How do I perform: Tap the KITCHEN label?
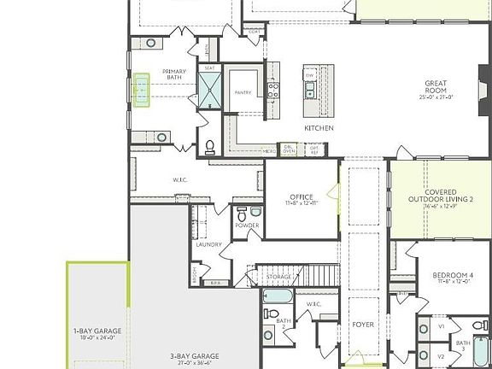point(319,128)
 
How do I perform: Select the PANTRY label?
point(243,92)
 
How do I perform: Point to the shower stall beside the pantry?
point(210,89)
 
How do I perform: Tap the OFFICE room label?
point(301,199)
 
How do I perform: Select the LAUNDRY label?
point(208,244)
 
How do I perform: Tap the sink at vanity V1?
point(424,327)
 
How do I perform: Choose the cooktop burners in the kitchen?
point(273,87)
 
